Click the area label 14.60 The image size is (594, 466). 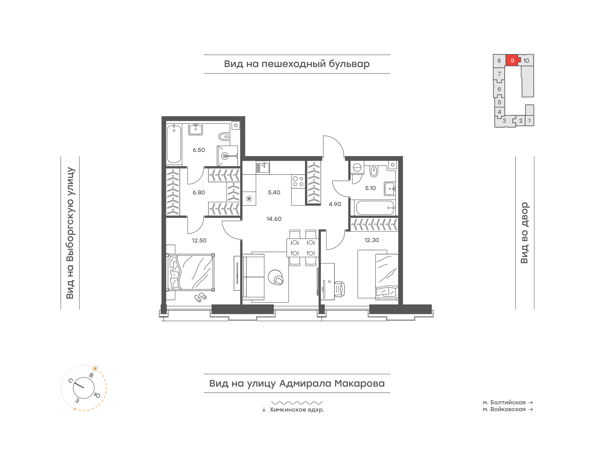click(274, 219)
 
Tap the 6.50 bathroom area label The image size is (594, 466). click(199, 150)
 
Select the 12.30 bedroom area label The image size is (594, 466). click(372, 240)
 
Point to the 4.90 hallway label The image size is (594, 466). click(335, 204)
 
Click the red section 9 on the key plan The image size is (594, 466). click(512, 60)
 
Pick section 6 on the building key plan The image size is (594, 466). click(499, 89)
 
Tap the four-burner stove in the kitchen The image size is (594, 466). click(298, 181)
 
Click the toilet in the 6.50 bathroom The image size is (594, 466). click(224, 136)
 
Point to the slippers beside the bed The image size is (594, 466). click(200, 297)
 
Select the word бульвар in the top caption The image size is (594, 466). click(349, 64)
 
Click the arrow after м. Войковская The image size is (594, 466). click(531, 410)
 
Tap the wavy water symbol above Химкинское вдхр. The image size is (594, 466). click(297, 403)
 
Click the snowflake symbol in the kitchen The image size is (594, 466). click(249, 199)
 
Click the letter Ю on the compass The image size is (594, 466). click(97, 395)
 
